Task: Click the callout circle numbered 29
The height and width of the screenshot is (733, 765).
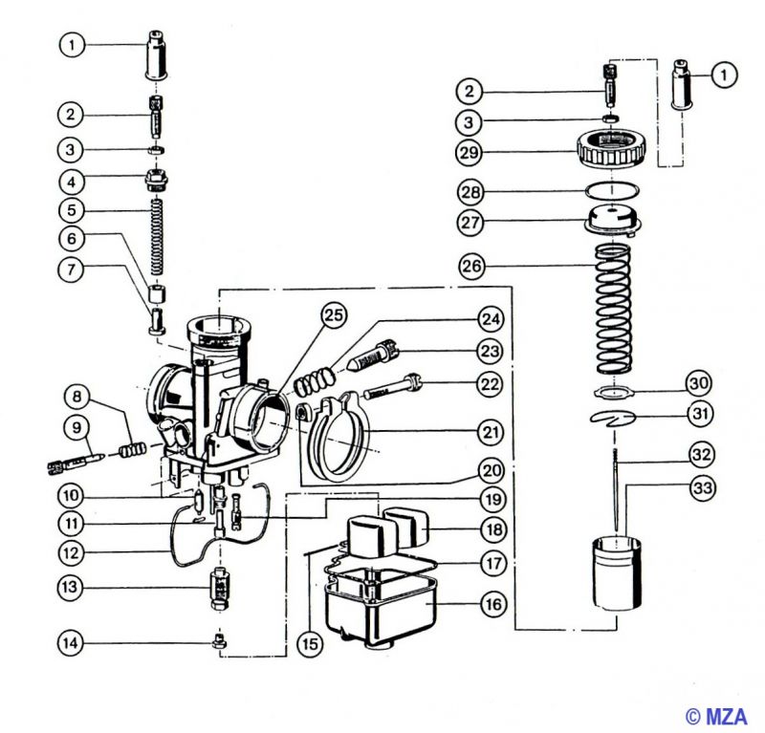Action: [470, 152]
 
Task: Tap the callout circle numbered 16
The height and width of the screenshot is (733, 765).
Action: [492, 604]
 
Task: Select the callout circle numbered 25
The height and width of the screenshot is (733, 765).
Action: [331, 314]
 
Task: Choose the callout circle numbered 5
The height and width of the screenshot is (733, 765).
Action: [70, 209]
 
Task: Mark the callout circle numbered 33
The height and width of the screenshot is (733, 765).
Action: [703, 487]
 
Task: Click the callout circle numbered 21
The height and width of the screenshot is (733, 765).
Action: [492, 433]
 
